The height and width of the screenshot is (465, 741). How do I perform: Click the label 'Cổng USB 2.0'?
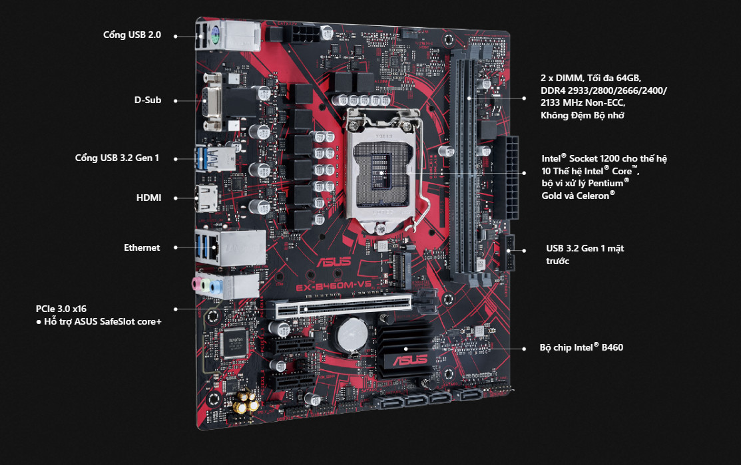(132, 35)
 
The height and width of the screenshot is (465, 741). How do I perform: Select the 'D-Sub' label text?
(147, 100)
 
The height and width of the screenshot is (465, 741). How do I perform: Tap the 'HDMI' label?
(148, 198)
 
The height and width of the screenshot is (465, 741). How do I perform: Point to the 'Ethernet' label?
(142, 248)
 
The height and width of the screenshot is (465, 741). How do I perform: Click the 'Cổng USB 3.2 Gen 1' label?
(117, 158)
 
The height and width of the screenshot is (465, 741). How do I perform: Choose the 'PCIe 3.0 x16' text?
(61, 309)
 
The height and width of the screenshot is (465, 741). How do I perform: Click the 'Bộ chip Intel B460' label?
(581, 347)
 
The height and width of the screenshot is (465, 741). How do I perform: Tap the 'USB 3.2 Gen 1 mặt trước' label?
(585, 254)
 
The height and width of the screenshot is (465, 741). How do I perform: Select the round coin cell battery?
(352, 335)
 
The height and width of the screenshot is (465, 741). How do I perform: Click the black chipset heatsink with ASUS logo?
(405, 348)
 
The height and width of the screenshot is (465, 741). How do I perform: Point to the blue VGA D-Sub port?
(211, 102)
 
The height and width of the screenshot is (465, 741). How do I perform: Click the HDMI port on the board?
(206, 198)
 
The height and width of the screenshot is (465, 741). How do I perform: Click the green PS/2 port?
(214, 35)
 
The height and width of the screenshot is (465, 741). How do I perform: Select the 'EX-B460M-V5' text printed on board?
(334, 286)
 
